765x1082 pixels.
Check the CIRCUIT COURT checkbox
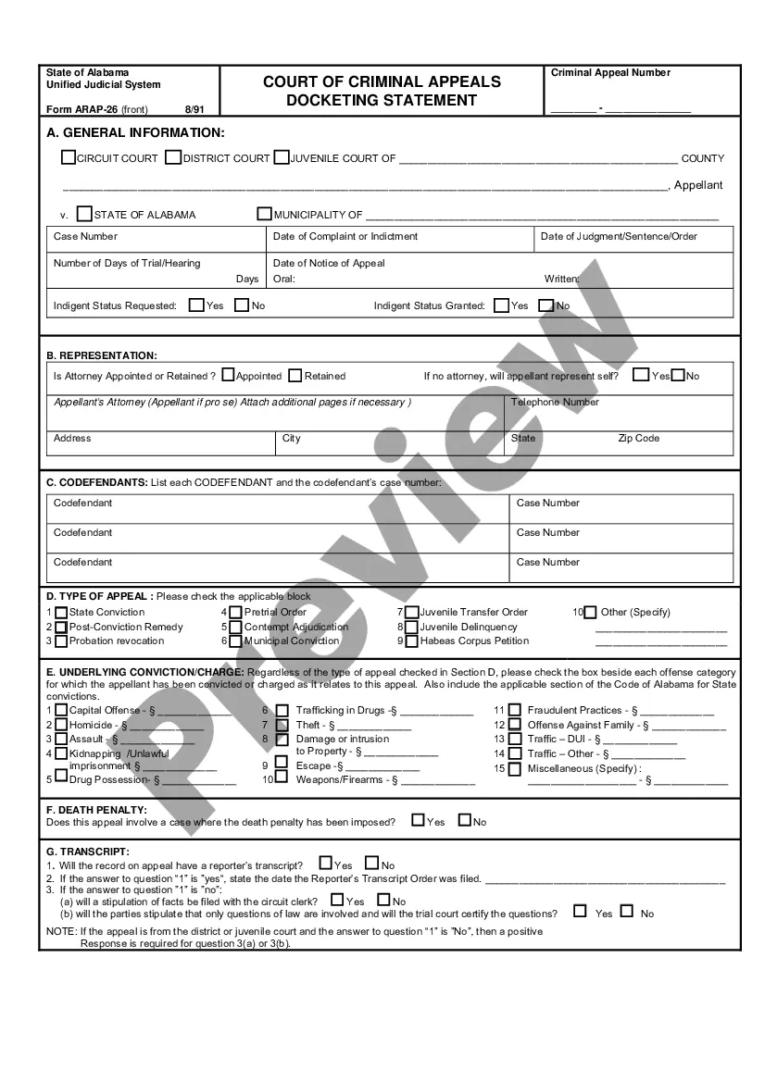[x=69, y=158]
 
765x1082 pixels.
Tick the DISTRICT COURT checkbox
[x=173, y=158]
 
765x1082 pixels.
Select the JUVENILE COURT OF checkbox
[x=282, y=158]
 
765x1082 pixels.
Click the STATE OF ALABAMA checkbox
[x=85, y=214]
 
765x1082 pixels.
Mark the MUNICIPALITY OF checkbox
[x=265, y=214]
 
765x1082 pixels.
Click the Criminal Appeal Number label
[x=610, y=73]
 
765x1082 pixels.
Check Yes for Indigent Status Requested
[x=196, y=305]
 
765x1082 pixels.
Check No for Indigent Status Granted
[x=546, y=305]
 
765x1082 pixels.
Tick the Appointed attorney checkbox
[x=228, y=376]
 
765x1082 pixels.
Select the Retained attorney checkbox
[x=295, y=376]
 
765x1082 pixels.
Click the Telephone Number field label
[x=555, y=403]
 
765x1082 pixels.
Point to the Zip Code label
[x=638, y=439]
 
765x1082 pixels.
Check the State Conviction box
[x=61, y=612]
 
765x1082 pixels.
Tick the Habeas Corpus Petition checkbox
[x=411, y=640]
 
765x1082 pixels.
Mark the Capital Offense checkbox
[x=61, y=711]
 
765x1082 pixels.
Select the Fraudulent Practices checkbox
[x=515, y=711]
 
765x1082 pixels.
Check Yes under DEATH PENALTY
[x=418, y=820]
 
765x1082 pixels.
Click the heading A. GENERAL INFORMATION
[x=135, y=133]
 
